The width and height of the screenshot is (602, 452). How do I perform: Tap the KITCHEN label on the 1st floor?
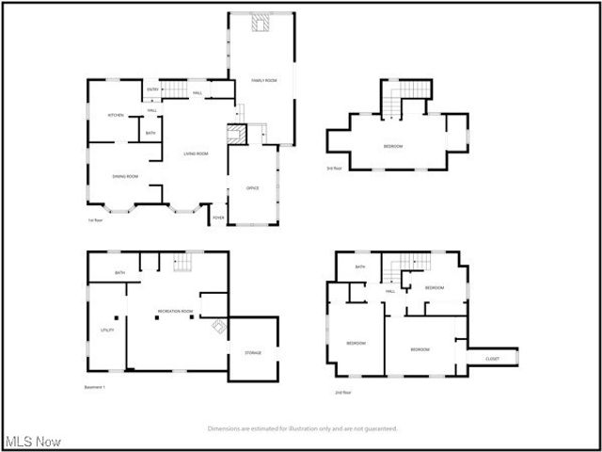pyautogui.click(x=116, y=115)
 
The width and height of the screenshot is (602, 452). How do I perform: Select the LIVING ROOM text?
pyautogui.click(x=196, y=153)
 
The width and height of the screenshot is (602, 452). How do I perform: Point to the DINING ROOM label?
pyautogui.click(x=126, y=176)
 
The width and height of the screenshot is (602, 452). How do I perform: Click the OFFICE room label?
pyautogui.click(x=253, y=188)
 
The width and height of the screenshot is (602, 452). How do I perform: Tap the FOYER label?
pyautogui.click(x=218, y=218)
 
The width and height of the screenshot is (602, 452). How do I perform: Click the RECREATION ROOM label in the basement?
pyautogui.click(x=175, y=311)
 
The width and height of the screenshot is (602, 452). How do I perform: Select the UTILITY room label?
pyautogui.click(x=107, y=330)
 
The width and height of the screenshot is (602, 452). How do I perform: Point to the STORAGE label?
pyautogui.click(x=254, y=353)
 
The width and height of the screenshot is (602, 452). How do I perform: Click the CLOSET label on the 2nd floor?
pyautogui.click(x=492, y=359)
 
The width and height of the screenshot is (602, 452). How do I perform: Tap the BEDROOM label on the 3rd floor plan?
pyautogui.click(x=393, y=146)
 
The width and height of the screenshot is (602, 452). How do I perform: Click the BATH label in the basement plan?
pyautogui.click(x=120, y=273)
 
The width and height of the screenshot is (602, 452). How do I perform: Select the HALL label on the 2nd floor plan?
pyautogui.click(x=389, y=291)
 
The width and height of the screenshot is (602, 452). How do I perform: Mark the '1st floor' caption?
pyautogui.click(x=94, y=221)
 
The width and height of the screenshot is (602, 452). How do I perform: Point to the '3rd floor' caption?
pyautogui.click(x=335, y=169)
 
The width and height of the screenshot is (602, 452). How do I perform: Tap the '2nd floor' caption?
pyautogui.click(x=343, y=392)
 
